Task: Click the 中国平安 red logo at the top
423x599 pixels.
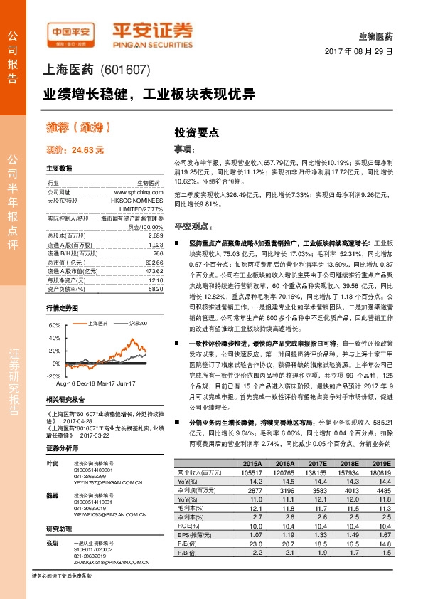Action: click(70, 31)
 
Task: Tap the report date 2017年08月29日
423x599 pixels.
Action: click(359, 52)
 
